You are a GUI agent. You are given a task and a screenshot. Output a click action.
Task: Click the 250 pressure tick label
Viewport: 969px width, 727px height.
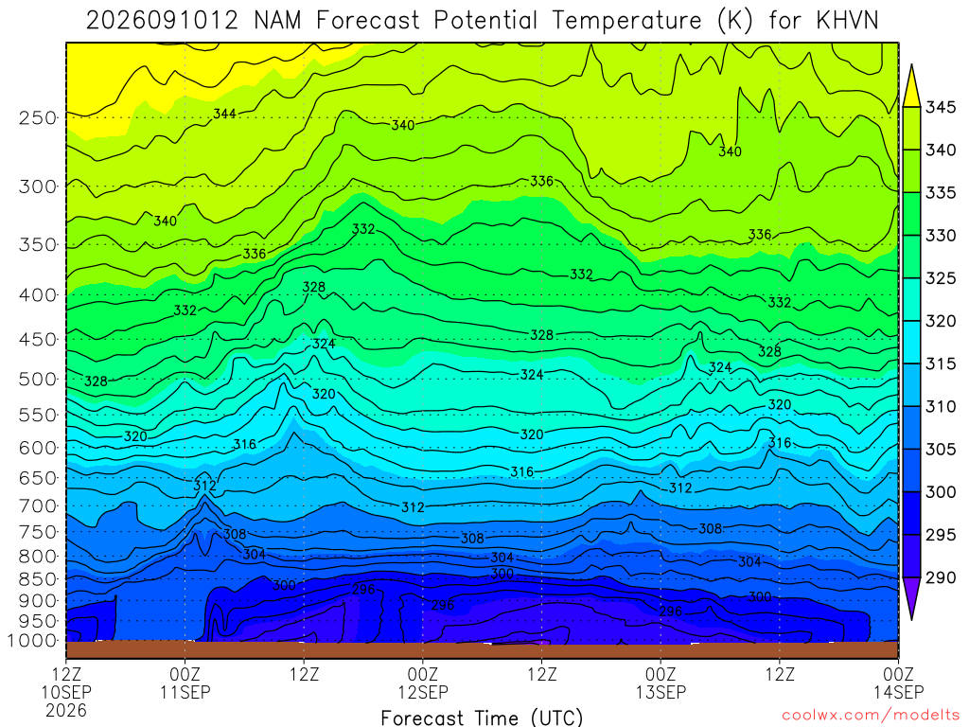click(37, 117)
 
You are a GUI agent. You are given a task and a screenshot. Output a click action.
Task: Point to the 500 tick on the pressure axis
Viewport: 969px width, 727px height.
click(37, 379)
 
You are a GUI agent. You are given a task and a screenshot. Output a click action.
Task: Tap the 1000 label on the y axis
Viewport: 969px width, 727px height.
click(32, 641)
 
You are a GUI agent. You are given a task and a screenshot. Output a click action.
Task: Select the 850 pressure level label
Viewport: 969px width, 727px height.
click(37, 579)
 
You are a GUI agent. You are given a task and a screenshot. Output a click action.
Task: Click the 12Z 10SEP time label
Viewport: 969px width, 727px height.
click(66, 683)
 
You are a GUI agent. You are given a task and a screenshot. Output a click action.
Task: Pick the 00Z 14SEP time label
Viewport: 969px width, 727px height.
click(898, 683)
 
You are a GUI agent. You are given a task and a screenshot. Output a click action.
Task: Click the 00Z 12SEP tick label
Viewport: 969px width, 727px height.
click(423, 683)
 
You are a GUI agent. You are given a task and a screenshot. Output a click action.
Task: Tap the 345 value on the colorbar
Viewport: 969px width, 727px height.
click(940, 107)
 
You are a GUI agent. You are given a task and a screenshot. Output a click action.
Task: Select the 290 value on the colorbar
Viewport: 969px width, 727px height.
click(940, 577)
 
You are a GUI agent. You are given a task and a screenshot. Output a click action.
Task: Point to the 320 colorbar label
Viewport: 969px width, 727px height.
click(940, 321)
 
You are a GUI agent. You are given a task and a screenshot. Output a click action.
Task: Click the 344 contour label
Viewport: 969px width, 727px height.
click(224, 114)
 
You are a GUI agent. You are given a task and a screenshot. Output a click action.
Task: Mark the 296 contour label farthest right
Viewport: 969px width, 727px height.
click(671, 612)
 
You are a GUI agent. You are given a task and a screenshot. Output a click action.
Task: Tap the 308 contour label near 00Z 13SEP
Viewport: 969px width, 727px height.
click(710, 528)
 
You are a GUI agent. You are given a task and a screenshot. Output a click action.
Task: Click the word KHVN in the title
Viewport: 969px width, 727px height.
click(847, 21)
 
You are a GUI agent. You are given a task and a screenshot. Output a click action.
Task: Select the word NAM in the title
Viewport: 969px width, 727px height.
click(277, 21)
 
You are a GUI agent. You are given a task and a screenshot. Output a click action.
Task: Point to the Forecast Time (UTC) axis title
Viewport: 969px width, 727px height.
click(482, 718)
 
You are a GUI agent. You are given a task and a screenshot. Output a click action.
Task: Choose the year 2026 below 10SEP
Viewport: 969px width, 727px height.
click(66, 710)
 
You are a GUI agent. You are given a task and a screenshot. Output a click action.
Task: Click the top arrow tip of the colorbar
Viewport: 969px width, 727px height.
click(911, 64)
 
